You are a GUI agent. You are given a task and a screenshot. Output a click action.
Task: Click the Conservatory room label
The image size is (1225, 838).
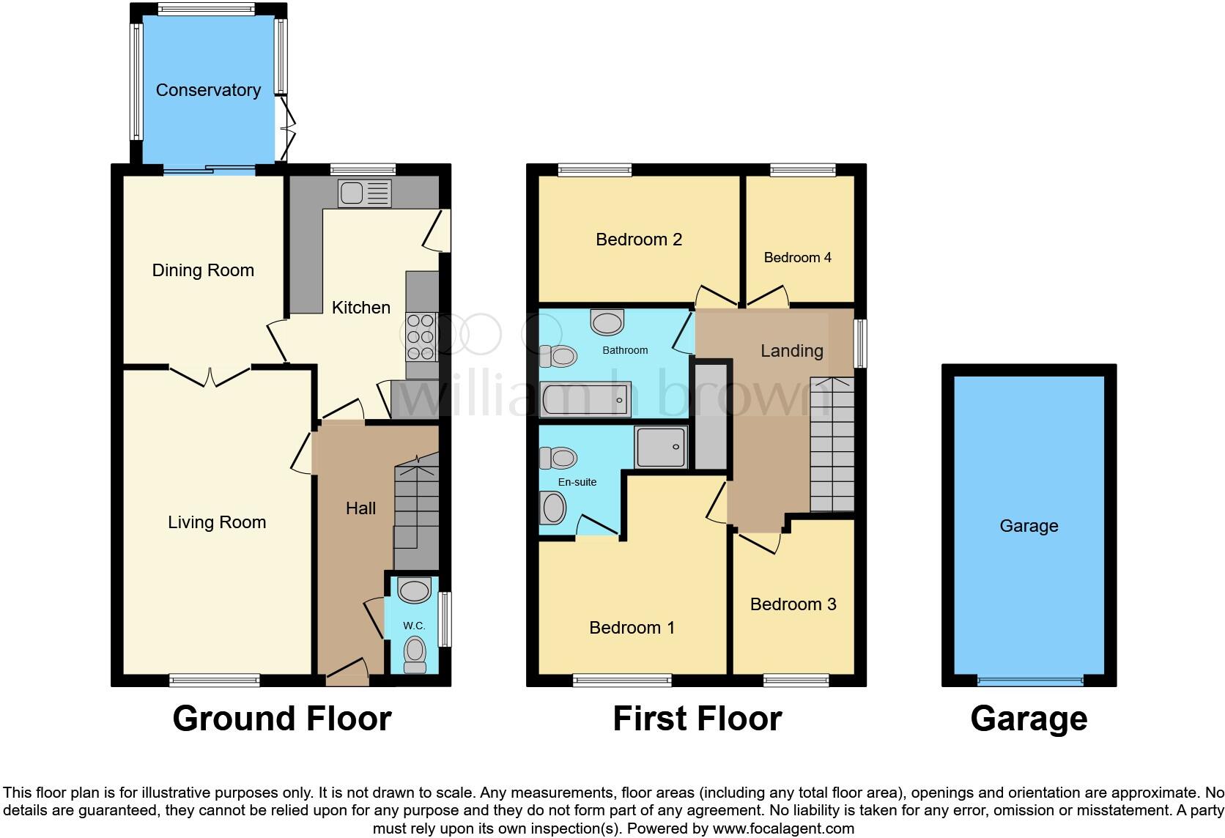[208, 90]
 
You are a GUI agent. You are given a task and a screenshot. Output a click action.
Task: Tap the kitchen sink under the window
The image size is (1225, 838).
[364, 194]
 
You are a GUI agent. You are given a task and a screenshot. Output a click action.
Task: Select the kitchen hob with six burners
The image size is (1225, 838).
[421, 337]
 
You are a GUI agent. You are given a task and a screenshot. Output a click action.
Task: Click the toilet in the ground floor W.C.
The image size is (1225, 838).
[415, 654]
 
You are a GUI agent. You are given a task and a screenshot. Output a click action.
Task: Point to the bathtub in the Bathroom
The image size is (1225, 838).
[585, 400]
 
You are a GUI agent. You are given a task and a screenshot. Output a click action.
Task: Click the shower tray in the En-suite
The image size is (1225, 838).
[661, 447]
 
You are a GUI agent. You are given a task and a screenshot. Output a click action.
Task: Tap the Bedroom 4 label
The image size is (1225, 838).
[797, 257]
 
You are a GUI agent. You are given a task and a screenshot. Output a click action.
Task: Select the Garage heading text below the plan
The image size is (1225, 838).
[1028, 719]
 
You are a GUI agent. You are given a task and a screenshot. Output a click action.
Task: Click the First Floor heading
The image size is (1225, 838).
[697, 719]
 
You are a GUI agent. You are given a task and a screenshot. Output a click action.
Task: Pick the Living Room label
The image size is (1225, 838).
[217, 522]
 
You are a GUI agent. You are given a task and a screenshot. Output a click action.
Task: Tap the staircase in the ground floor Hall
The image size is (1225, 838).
[417, 511]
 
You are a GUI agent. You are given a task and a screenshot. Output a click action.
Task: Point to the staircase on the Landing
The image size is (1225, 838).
[832, 445]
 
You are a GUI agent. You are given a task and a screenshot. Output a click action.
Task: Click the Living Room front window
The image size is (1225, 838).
[214, 681]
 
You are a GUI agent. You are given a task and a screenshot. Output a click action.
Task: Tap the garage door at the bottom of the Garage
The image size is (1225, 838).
[1029, 681]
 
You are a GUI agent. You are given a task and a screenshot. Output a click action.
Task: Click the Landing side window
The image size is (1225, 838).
[861, 342]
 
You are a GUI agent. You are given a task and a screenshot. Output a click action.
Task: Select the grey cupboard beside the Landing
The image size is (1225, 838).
[709, 416]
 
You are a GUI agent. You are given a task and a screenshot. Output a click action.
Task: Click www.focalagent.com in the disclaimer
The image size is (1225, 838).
[782, 829]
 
